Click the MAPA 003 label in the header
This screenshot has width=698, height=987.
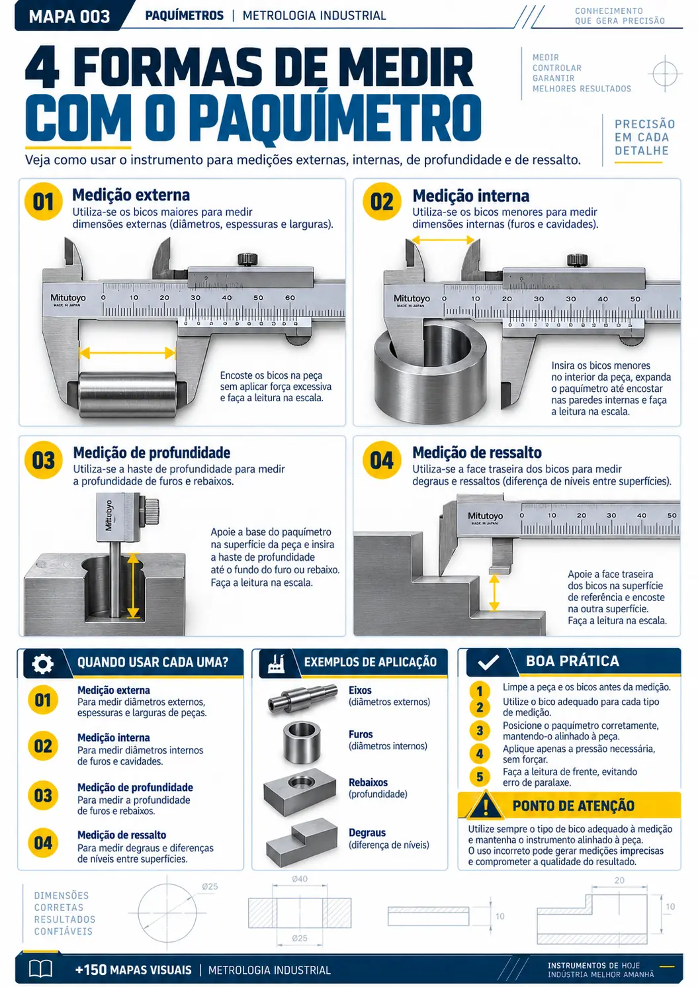69,17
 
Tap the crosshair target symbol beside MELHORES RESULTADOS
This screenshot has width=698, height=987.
665,74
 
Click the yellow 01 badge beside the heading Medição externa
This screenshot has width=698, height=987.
43,202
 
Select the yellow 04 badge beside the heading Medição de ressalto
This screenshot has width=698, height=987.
381,460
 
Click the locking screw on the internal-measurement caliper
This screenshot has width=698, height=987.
577,260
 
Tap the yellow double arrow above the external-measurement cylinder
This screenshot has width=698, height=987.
128,352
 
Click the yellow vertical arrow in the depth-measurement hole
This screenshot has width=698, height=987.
133,586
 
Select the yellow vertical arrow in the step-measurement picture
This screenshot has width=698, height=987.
494,592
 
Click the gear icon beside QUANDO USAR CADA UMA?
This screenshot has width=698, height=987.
43,663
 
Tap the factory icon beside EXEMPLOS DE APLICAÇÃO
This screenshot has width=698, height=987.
276,663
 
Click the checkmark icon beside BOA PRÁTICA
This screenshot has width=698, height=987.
488,662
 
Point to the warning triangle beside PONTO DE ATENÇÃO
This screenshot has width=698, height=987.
486,805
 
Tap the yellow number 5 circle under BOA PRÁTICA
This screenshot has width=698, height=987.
480,776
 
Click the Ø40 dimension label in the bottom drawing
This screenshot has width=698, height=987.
300,879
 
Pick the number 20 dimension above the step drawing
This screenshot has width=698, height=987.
619,880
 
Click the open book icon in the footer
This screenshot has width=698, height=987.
40,969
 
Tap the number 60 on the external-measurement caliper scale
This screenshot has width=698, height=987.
290,297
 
